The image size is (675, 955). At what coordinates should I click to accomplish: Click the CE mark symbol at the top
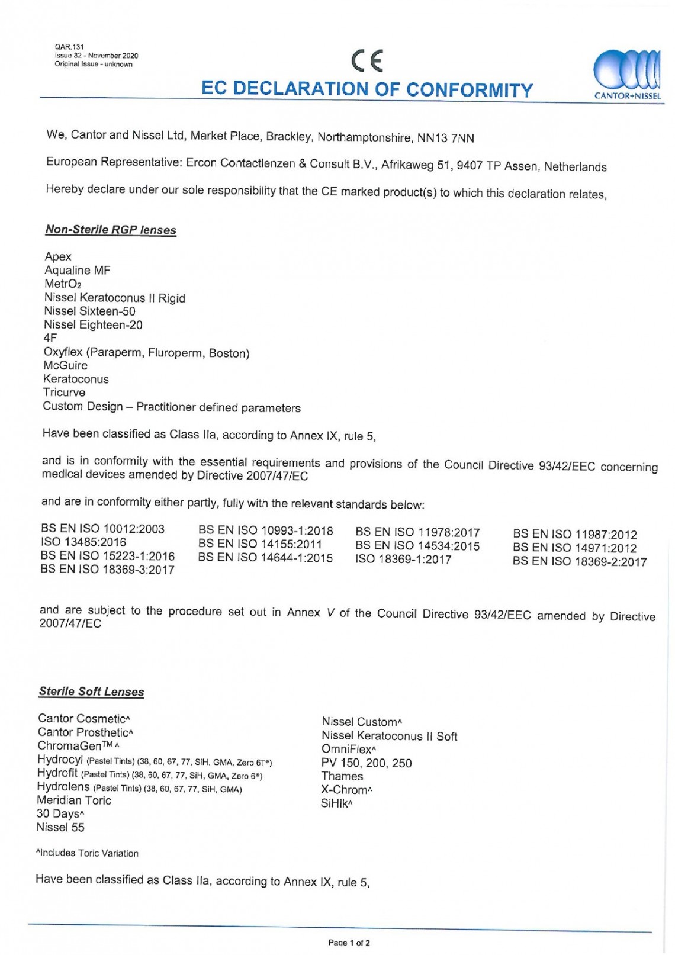(367, 61)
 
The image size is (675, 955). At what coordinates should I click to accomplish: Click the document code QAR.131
(69, 47)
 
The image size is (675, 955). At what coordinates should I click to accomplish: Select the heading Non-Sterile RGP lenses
(111, 230)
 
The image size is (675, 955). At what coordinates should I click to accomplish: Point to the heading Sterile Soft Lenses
(91, 692)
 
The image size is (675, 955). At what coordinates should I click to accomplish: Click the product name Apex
(58, 256)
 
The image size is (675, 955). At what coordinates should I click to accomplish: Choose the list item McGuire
(65, 365)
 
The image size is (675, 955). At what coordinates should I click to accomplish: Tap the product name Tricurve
(64, 393)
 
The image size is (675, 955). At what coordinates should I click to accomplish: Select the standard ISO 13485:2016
(83, 542)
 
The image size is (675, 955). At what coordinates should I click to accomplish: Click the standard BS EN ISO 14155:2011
(260, 544)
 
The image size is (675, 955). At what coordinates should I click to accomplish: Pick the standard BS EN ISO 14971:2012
(574, 548)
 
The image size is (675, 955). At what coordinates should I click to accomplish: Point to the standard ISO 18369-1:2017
(403, 560)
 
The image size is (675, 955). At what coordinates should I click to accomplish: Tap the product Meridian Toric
(74, 800)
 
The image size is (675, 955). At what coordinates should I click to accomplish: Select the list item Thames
(342, 776)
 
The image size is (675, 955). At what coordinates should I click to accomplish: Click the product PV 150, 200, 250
(367, 763)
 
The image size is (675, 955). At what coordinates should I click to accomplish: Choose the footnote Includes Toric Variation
(88, 853)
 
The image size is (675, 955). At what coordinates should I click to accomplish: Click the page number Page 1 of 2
(349, 943)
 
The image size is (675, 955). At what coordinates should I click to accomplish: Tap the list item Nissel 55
(60, 827)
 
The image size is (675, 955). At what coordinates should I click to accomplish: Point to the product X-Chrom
(346, 790)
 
